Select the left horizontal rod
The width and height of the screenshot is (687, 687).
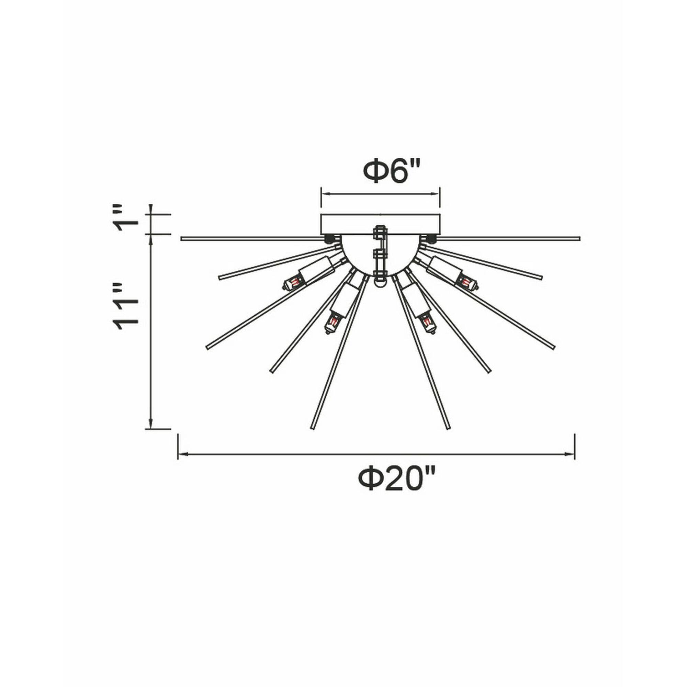click(x=252, y=238)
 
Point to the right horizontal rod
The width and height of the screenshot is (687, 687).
click(x=508, y=238)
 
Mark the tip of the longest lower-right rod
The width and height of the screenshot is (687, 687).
click(x=448, y=427)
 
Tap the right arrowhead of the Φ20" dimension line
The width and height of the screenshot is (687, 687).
click(x=570, y=454)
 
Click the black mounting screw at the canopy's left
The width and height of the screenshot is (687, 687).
click(x=329, y=237)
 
